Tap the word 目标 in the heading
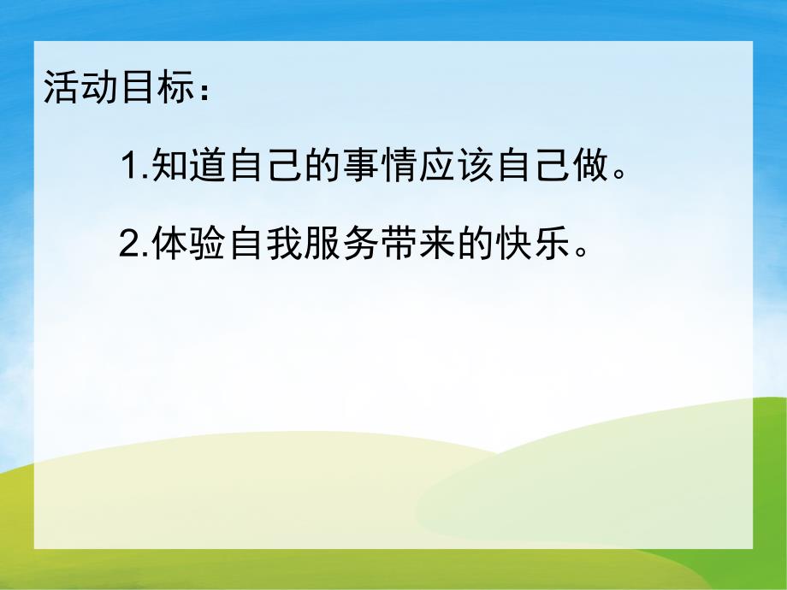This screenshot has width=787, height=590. pyautogui.click(x=145, y=87)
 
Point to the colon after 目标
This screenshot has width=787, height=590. pyautogui.click(x=200, y=90)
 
